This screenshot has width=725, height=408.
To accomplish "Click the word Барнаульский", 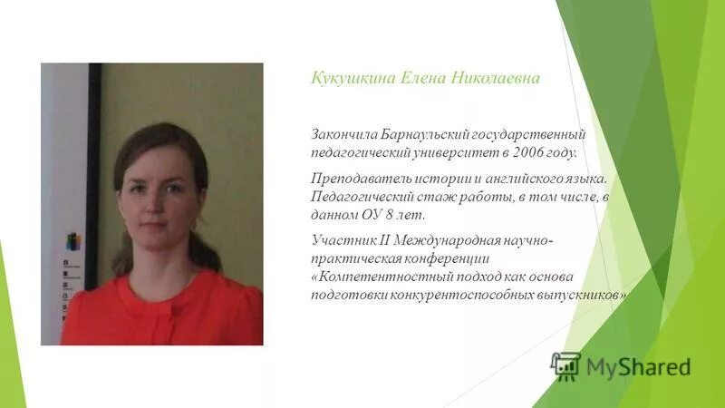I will click(x=407, y=134).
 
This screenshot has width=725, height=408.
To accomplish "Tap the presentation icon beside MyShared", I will click(x=565, y=365).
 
